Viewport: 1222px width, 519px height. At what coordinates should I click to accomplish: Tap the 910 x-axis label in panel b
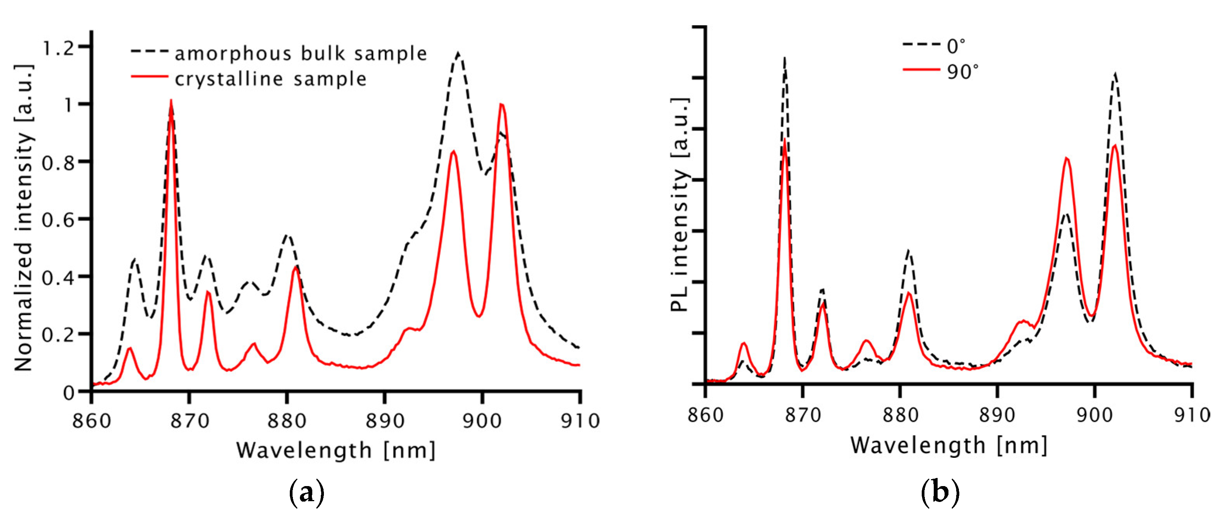coord(1192,415)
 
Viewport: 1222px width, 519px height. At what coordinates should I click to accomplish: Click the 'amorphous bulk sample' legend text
coord(301,53)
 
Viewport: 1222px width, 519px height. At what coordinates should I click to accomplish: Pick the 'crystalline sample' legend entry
coord(271,79)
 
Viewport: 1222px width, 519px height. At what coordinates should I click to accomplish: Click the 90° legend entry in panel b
coord(962,72)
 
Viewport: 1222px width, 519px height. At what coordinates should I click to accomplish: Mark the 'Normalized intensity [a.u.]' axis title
coord(24,218)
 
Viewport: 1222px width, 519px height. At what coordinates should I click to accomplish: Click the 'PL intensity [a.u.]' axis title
coord(679,205)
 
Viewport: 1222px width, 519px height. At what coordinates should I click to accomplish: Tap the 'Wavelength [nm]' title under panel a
coord(336,450)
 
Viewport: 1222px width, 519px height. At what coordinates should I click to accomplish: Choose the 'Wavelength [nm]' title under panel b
coord(949,445)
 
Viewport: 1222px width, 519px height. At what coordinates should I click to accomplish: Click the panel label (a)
coord(307,493)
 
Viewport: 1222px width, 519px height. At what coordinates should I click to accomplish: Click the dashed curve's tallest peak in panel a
coord(458,53)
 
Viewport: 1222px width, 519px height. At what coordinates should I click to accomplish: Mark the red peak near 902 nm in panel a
coord(501,105)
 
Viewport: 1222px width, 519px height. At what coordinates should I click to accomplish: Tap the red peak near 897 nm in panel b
coord(1067,159)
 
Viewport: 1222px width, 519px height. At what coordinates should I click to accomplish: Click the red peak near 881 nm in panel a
coord(296,267)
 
